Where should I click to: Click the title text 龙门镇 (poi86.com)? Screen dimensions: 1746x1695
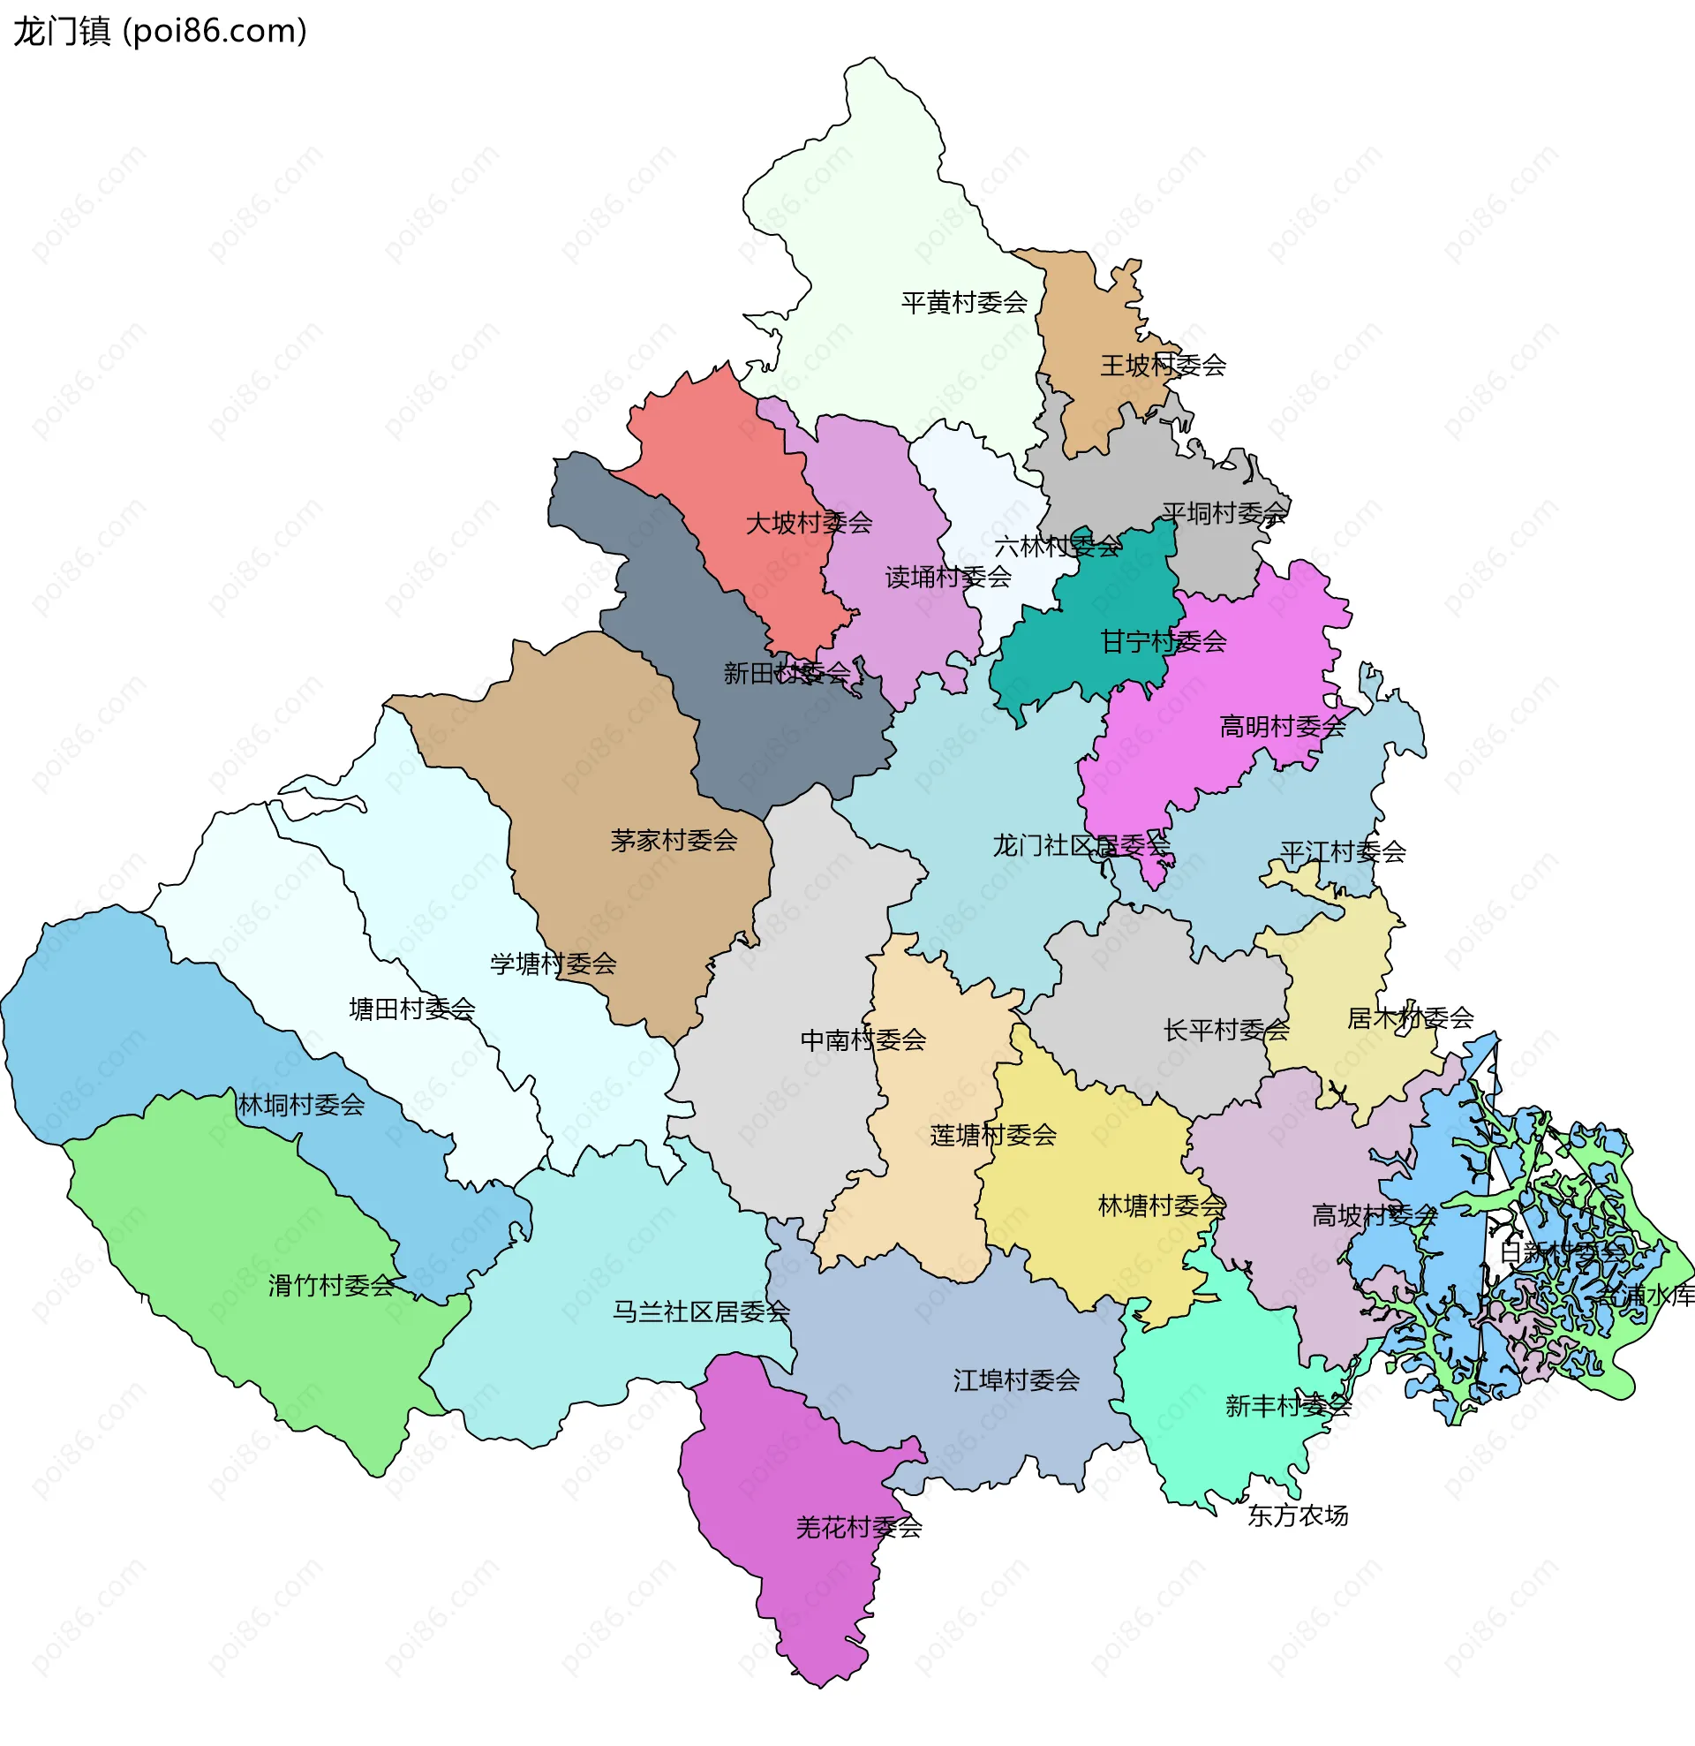click(x=161, y=32)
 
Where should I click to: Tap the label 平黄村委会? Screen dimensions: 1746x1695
click(x=964, y=303)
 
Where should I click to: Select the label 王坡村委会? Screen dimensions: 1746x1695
click(x=1163, y=366)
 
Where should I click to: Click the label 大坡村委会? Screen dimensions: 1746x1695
click(x=808, y=523)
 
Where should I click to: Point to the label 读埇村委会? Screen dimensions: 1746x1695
click(x=948, y=578)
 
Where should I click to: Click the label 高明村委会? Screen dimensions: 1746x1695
click(x=1282, y=727)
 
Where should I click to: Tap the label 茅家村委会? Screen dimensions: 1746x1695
click(x=674, y=840)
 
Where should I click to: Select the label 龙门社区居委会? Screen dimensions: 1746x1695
click(x=1081, y=845)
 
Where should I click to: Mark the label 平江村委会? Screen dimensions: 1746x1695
click(x=1342, y=852)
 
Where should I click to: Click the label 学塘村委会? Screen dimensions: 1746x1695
click(x=554, y=964)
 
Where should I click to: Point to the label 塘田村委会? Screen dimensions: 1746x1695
click(x=411, y=1009)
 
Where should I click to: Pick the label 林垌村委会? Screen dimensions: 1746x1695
click(x=301, y=1106)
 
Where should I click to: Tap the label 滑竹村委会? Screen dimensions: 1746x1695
click(x=331, y=1286)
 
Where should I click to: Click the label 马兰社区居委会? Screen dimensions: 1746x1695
click(x=700, y=1312)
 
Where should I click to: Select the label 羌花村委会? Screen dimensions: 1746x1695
click(x=858, y=1528)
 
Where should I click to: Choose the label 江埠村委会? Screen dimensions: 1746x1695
click(x=1015, y=1380)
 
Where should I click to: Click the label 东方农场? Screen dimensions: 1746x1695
click(x=1297, y=1515)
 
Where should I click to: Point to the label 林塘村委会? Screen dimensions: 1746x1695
click(x=1161, y=1206)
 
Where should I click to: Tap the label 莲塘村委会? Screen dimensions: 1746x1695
click(x=992, y=1136)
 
